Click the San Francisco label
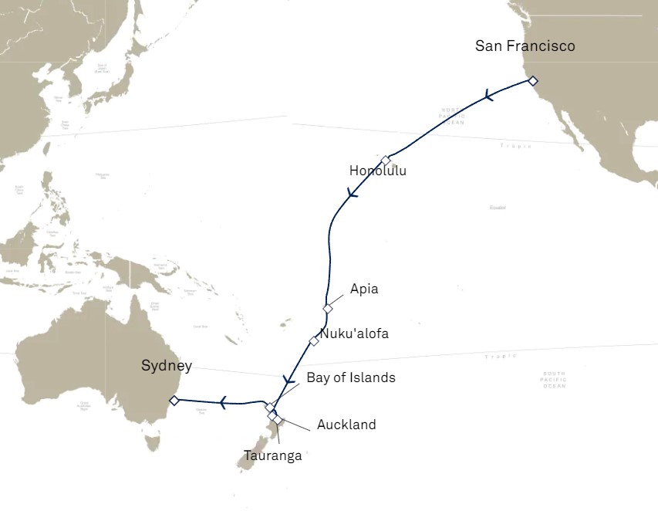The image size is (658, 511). point(525,46)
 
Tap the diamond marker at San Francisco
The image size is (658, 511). point(533,80)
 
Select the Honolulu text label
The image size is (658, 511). point(377,171)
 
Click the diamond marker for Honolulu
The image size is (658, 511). point(386,161)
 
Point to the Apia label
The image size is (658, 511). point(364,289)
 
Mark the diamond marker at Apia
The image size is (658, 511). point(328,309)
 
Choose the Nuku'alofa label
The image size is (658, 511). point(354,334)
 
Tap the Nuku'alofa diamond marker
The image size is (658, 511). point(314,340)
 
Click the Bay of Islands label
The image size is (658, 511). point(350,377)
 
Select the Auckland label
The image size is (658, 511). point(346,425)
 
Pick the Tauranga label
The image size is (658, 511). point(272,455)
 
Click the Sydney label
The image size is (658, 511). point(167,366)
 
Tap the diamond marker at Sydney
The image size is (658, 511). point(174,400)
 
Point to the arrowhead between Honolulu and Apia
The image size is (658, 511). point(353,194)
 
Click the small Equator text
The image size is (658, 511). point(498,208)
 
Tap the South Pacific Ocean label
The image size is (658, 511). point(553,379)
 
